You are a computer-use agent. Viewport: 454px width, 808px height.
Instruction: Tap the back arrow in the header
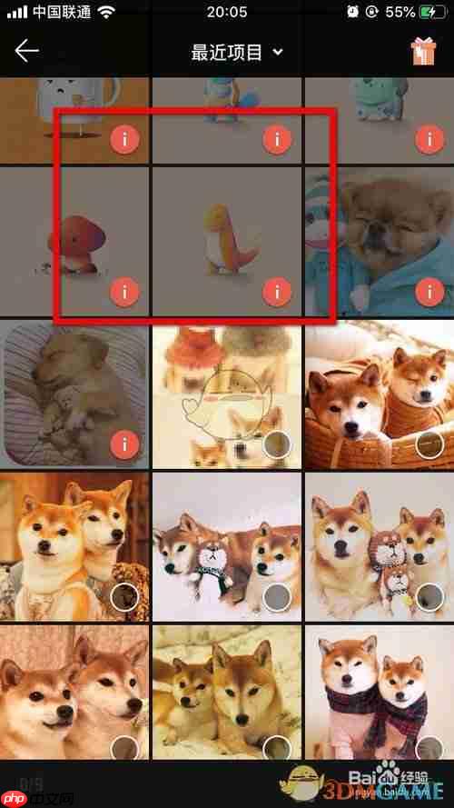pos(26,51)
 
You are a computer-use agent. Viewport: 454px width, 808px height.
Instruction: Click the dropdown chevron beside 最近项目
pos(278,53)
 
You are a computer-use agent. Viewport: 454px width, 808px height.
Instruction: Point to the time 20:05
pos(227,13)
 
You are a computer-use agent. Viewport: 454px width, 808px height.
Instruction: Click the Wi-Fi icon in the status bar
pos(107,13)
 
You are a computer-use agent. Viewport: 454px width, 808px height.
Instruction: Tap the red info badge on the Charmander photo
pos(276,292)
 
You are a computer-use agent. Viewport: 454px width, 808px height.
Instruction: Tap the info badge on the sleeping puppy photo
pos(123,444)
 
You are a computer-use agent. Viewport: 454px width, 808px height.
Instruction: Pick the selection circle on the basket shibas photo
pos(429,444)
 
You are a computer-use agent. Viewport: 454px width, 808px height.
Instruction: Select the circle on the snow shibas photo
pos(276,597)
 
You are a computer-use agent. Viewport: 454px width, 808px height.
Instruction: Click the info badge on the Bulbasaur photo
pos(429,140)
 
